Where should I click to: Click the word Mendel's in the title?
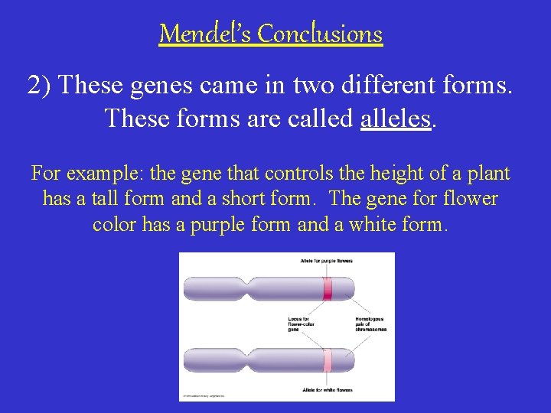tap(204, 34)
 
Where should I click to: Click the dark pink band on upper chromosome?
tap(328, 289)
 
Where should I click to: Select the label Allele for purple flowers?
tap(327, 261)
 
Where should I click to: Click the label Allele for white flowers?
tap(327, 390)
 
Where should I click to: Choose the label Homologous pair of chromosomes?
tap(371, 324)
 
